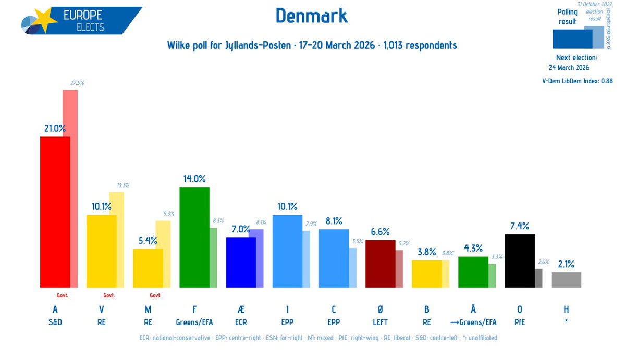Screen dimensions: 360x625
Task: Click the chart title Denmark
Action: pos(311,16)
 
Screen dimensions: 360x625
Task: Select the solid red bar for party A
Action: pos(55,212)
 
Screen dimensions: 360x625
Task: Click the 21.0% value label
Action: pos(55,128)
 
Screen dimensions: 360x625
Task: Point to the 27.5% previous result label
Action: pos(77,83)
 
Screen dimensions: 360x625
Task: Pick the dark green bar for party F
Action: pos(194,237)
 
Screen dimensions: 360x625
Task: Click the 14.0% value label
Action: pos(194,178)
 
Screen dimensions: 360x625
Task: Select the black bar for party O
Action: pos(520,260)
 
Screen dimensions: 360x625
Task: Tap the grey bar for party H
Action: pos(566,280)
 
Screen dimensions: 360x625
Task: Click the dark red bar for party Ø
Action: pos(380,263)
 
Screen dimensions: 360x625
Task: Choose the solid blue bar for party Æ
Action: pos(240,262)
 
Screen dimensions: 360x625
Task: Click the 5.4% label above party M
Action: pos(148,240)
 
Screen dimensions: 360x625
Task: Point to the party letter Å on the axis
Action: pos(473,309)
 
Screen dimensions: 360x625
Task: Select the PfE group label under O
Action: pos(520,322)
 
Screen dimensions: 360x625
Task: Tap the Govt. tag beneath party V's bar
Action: pos(109,295)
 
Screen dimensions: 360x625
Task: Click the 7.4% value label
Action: pos(520,226)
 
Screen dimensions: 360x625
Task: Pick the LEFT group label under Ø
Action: pos(380,322)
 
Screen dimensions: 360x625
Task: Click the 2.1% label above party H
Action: pos(566,264)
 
